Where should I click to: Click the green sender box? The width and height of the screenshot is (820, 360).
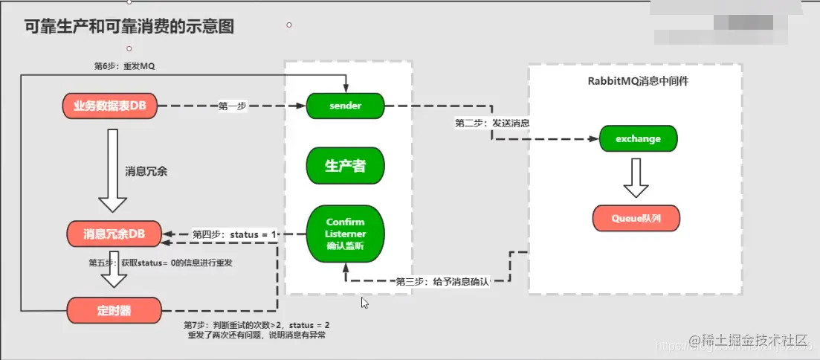345,106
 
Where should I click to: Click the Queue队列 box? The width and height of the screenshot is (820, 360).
636,218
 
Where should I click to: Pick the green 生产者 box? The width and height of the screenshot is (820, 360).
345,165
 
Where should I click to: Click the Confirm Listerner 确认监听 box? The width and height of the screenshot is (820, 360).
345,234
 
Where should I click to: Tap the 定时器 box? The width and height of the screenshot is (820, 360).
114,310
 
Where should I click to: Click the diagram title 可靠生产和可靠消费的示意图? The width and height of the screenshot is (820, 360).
129,28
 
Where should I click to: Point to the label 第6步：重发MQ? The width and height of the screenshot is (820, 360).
124,66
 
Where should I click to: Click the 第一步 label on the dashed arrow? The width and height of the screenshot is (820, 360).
233,106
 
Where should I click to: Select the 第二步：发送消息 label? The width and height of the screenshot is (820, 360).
492,122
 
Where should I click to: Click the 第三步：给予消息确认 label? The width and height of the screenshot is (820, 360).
443,281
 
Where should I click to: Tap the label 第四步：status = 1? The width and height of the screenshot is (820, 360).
235,234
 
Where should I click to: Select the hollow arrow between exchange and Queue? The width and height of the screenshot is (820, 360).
636,179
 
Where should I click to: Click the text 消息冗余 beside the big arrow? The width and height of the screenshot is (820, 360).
146,171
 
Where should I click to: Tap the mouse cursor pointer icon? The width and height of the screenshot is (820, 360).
364,302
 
